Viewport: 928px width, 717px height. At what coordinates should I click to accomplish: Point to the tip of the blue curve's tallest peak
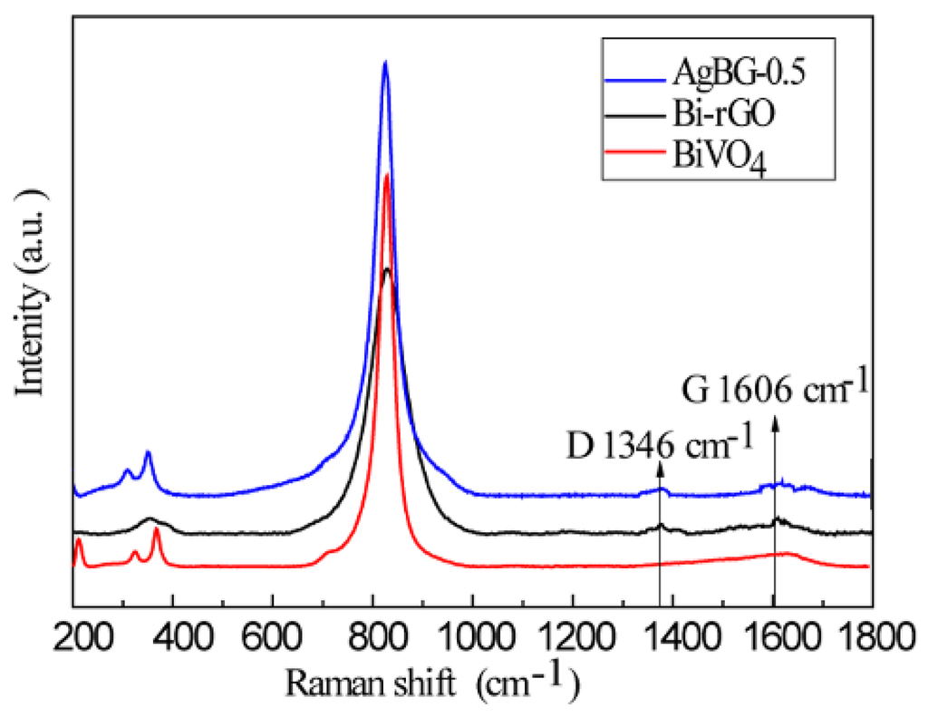pos(385,62)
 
